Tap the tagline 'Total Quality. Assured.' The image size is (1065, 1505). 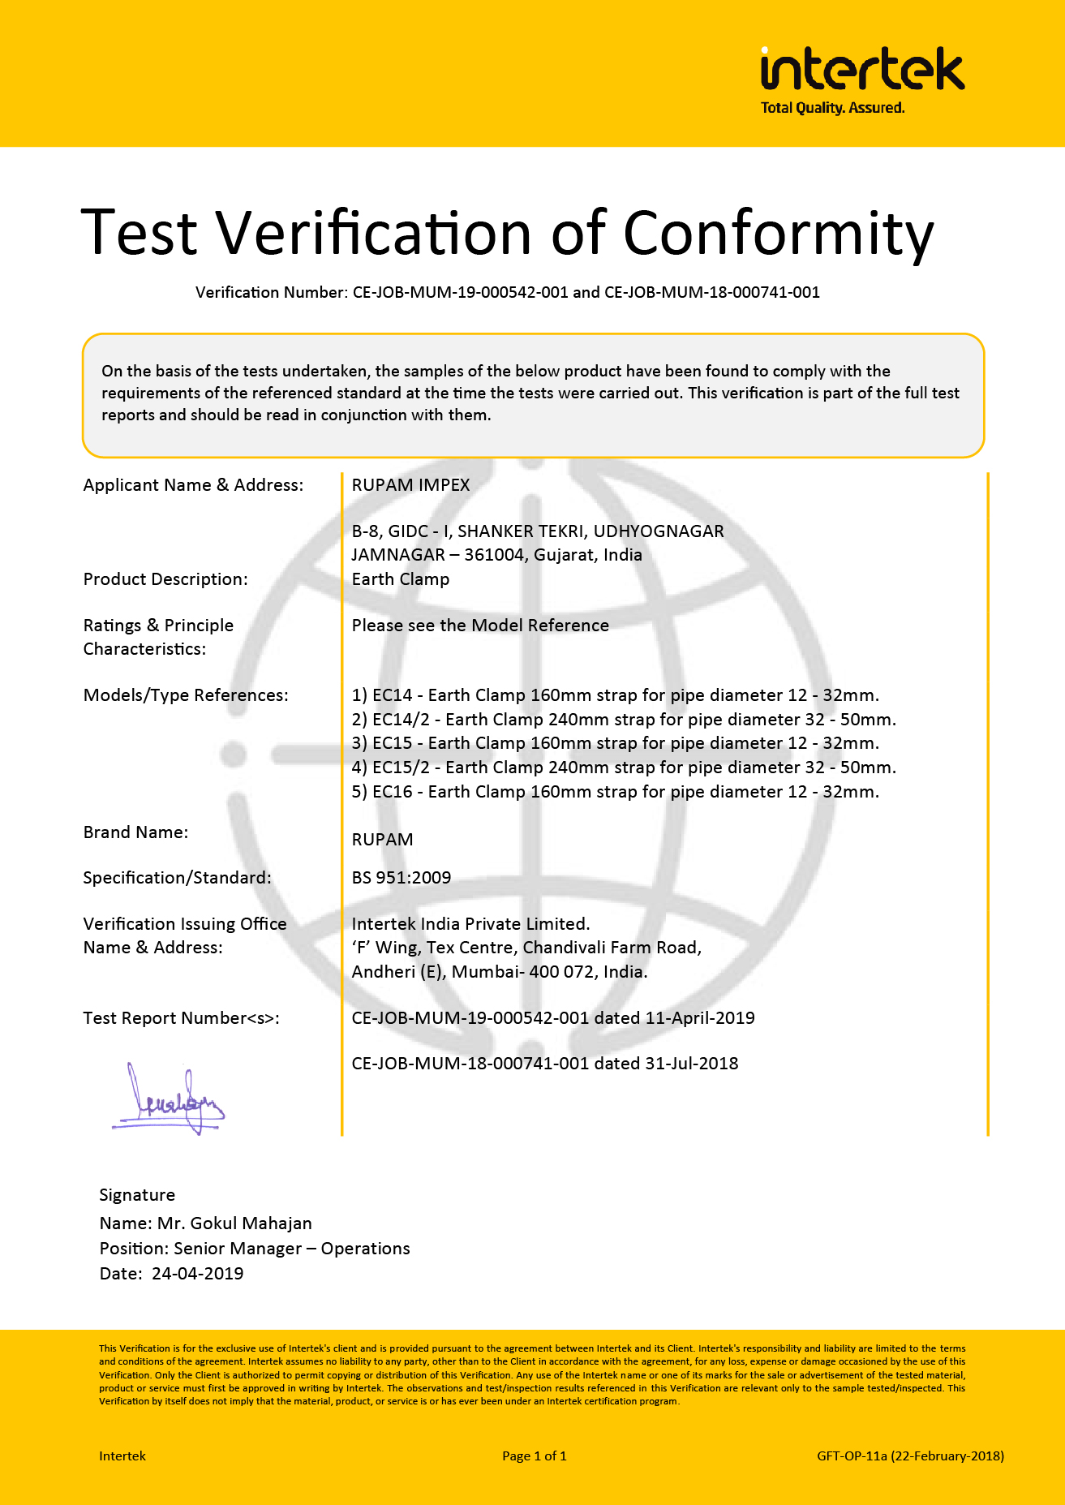832,108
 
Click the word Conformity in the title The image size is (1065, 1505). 778,234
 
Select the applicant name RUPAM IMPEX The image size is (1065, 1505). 410,485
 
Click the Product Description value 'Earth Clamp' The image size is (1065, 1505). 400,579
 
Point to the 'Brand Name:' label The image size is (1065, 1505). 135,832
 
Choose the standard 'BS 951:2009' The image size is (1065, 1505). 401,878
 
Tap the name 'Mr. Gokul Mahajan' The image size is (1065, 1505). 234,1223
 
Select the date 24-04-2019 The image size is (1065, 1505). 197,1274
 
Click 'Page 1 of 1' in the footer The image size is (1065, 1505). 534,1456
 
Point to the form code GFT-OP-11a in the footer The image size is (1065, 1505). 852,1456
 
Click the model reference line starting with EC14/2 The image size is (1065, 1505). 623,720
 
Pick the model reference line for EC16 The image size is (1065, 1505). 615,792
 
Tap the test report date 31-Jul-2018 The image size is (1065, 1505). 691,1064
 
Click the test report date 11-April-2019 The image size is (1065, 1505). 699,1018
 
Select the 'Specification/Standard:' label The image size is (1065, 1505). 177,878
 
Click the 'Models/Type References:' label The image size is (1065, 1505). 186,695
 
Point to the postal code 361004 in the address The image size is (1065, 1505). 495,556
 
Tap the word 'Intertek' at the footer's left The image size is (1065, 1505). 122,1456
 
